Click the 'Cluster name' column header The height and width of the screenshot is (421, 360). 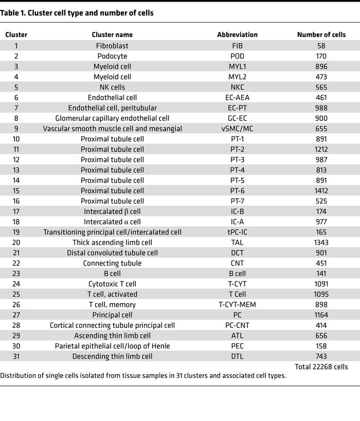(x=112, y=34)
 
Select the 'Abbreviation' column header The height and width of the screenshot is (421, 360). (x=237, y=34)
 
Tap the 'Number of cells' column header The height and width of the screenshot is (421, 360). (x=321, y=34)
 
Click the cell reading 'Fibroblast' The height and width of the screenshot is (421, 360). (x=112, y=45)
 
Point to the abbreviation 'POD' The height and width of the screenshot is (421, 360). (x=237, y=56)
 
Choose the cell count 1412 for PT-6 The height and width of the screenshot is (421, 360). (x=321, y=190)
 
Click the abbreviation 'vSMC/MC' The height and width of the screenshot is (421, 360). (x=237, y=129)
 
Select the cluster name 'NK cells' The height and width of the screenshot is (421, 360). (x=112, y=87)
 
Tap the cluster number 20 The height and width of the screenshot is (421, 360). (x=16, y=242)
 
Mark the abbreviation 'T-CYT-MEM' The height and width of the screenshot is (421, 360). (x=237, y=304)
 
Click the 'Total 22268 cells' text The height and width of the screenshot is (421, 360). (x=321, y=367)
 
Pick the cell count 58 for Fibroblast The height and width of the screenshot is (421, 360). (x=321, y=45)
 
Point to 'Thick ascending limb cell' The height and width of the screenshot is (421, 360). (x=112, y=242)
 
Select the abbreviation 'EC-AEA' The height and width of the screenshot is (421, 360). (x=237, y=97)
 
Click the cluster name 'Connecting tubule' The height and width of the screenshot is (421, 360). (x=112, y=263)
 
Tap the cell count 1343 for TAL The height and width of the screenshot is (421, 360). (x=321, y=242)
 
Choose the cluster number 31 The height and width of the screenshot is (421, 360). (x=16, y=356)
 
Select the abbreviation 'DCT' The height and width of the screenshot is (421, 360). (x=237, y=253)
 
